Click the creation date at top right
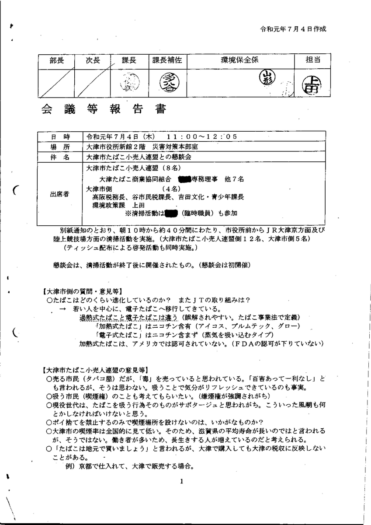293,29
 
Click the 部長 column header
56,61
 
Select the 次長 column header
93,61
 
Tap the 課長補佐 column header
167,61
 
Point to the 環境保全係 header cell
239,61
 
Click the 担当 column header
313,61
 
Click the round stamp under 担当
313,83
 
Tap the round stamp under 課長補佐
167,82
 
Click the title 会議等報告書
104,109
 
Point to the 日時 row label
60,136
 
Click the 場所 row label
60,147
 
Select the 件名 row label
60,157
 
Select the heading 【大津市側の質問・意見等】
83,291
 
